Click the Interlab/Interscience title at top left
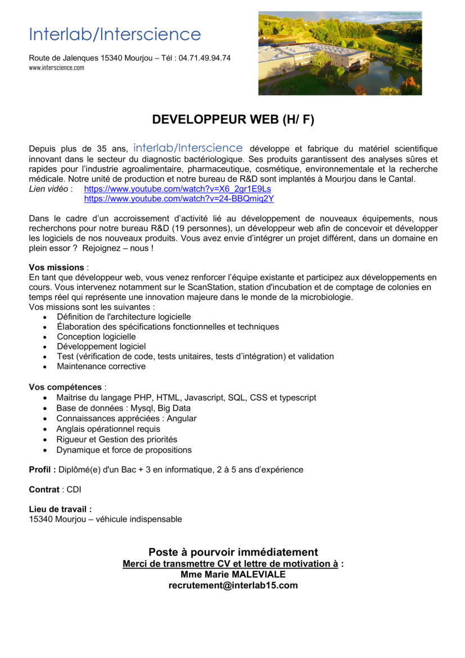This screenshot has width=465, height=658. tap(115, 35)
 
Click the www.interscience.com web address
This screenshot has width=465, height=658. tap(56, 67)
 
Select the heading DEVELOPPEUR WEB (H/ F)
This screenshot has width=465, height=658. tap(233, 120)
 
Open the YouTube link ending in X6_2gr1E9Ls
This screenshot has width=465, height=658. tap(177, 189)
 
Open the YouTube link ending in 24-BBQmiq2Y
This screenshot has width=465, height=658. tap(179, 199)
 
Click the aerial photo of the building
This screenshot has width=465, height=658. tap(340, 53)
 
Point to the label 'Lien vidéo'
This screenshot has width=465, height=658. tap(48, 189)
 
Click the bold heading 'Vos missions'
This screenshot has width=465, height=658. tap(56, 267)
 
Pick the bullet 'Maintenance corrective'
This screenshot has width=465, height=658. tap(101, 366)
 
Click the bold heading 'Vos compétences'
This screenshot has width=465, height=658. tap(65, 387)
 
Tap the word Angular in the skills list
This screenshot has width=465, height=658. tap(182, 418)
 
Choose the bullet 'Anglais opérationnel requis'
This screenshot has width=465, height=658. tap(108, 429)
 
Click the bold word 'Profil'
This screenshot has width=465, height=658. tap(41, 470)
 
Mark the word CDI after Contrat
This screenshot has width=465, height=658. tap(74, 490)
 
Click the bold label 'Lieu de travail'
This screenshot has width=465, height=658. tap(59, 509)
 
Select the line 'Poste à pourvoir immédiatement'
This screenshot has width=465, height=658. tap(233, 552)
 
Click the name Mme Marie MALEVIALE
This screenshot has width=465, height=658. tap(233, 574)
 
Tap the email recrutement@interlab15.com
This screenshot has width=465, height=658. tap(233, 585)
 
